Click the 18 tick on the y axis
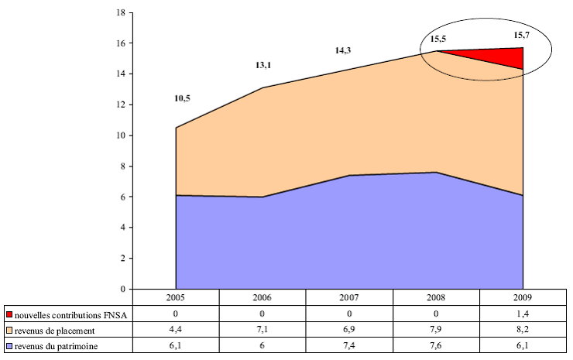(x=120, y=13)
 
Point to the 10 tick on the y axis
(x=120, y=135)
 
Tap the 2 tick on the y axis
(x=122, y=259)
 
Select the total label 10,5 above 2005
(x=183, y=98)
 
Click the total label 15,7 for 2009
(x=522, y=35)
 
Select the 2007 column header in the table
(x=349, y=297)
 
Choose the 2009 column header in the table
(x=523, y=297)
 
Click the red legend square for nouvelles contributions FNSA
(x=9, y=315)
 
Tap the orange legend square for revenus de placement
(x=9, y=330)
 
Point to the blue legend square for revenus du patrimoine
(x=9, y=345)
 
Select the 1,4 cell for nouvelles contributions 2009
(x=523, y=315)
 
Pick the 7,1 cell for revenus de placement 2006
(x=262, y=330)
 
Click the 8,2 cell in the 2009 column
(x=523, y=330)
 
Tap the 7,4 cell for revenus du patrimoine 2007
(x=349, y=345)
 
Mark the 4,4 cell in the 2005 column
(x=176, y=330)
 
